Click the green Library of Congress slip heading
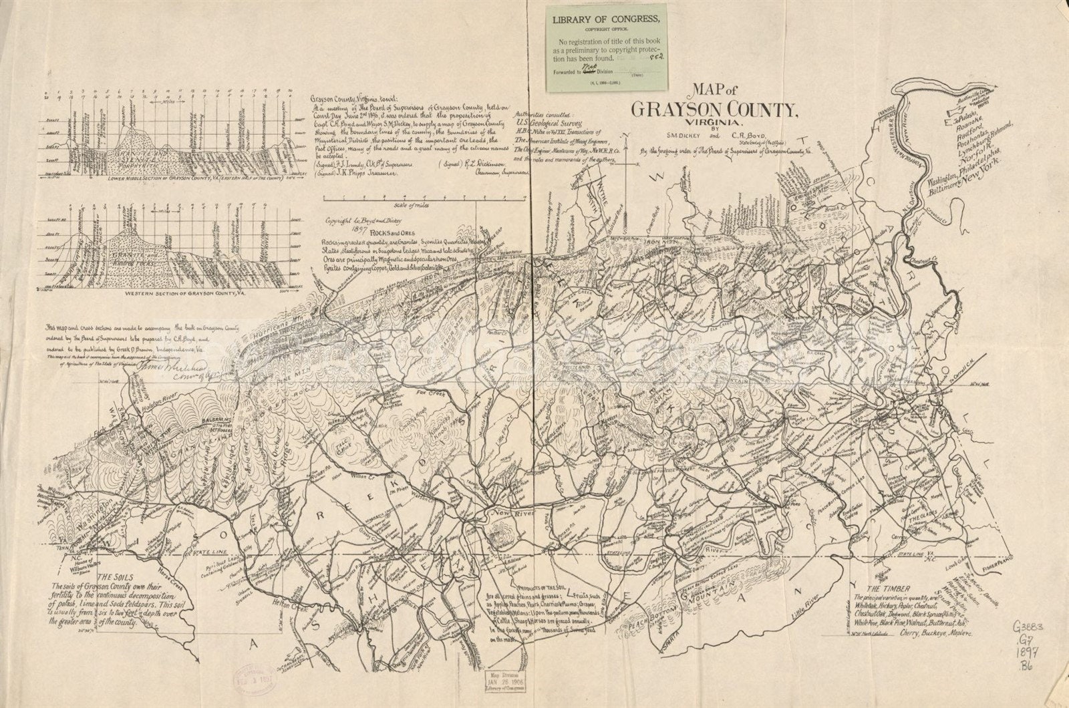(607, 19)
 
